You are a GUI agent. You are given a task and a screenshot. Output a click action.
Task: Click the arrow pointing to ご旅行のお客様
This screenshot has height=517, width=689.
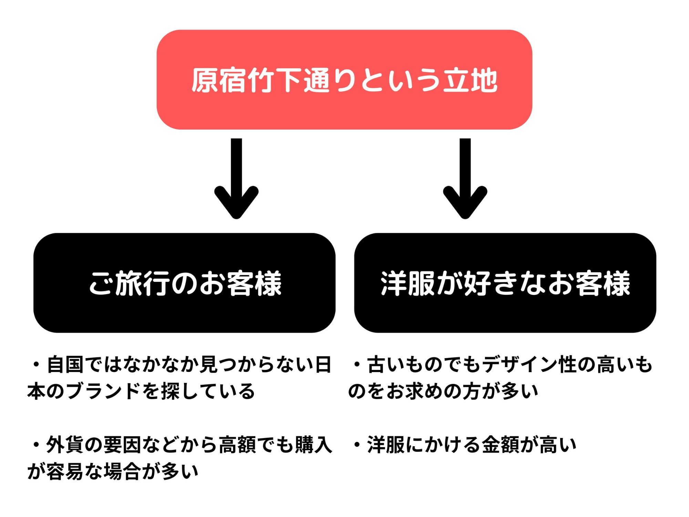[x=236, y=179]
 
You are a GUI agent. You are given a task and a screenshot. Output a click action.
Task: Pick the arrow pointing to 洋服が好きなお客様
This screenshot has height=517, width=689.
[x=465, y=179]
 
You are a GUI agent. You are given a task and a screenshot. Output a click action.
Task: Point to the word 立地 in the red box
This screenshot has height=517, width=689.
[x=470, y=80]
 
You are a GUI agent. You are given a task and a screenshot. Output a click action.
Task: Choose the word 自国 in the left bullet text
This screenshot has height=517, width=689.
[x=65, y=365]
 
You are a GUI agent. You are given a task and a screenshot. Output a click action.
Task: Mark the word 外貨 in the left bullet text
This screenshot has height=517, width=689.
[x=65, y=445]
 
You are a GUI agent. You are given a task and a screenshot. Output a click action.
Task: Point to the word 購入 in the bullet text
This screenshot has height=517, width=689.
[x=313, y=445]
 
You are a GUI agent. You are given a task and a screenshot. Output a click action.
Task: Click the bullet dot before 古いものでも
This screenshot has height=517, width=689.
[x=357, y=364]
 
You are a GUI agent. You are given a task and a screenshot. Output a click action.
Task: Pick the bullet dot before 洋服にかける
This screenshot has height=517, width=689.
[x=357, y=445]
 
